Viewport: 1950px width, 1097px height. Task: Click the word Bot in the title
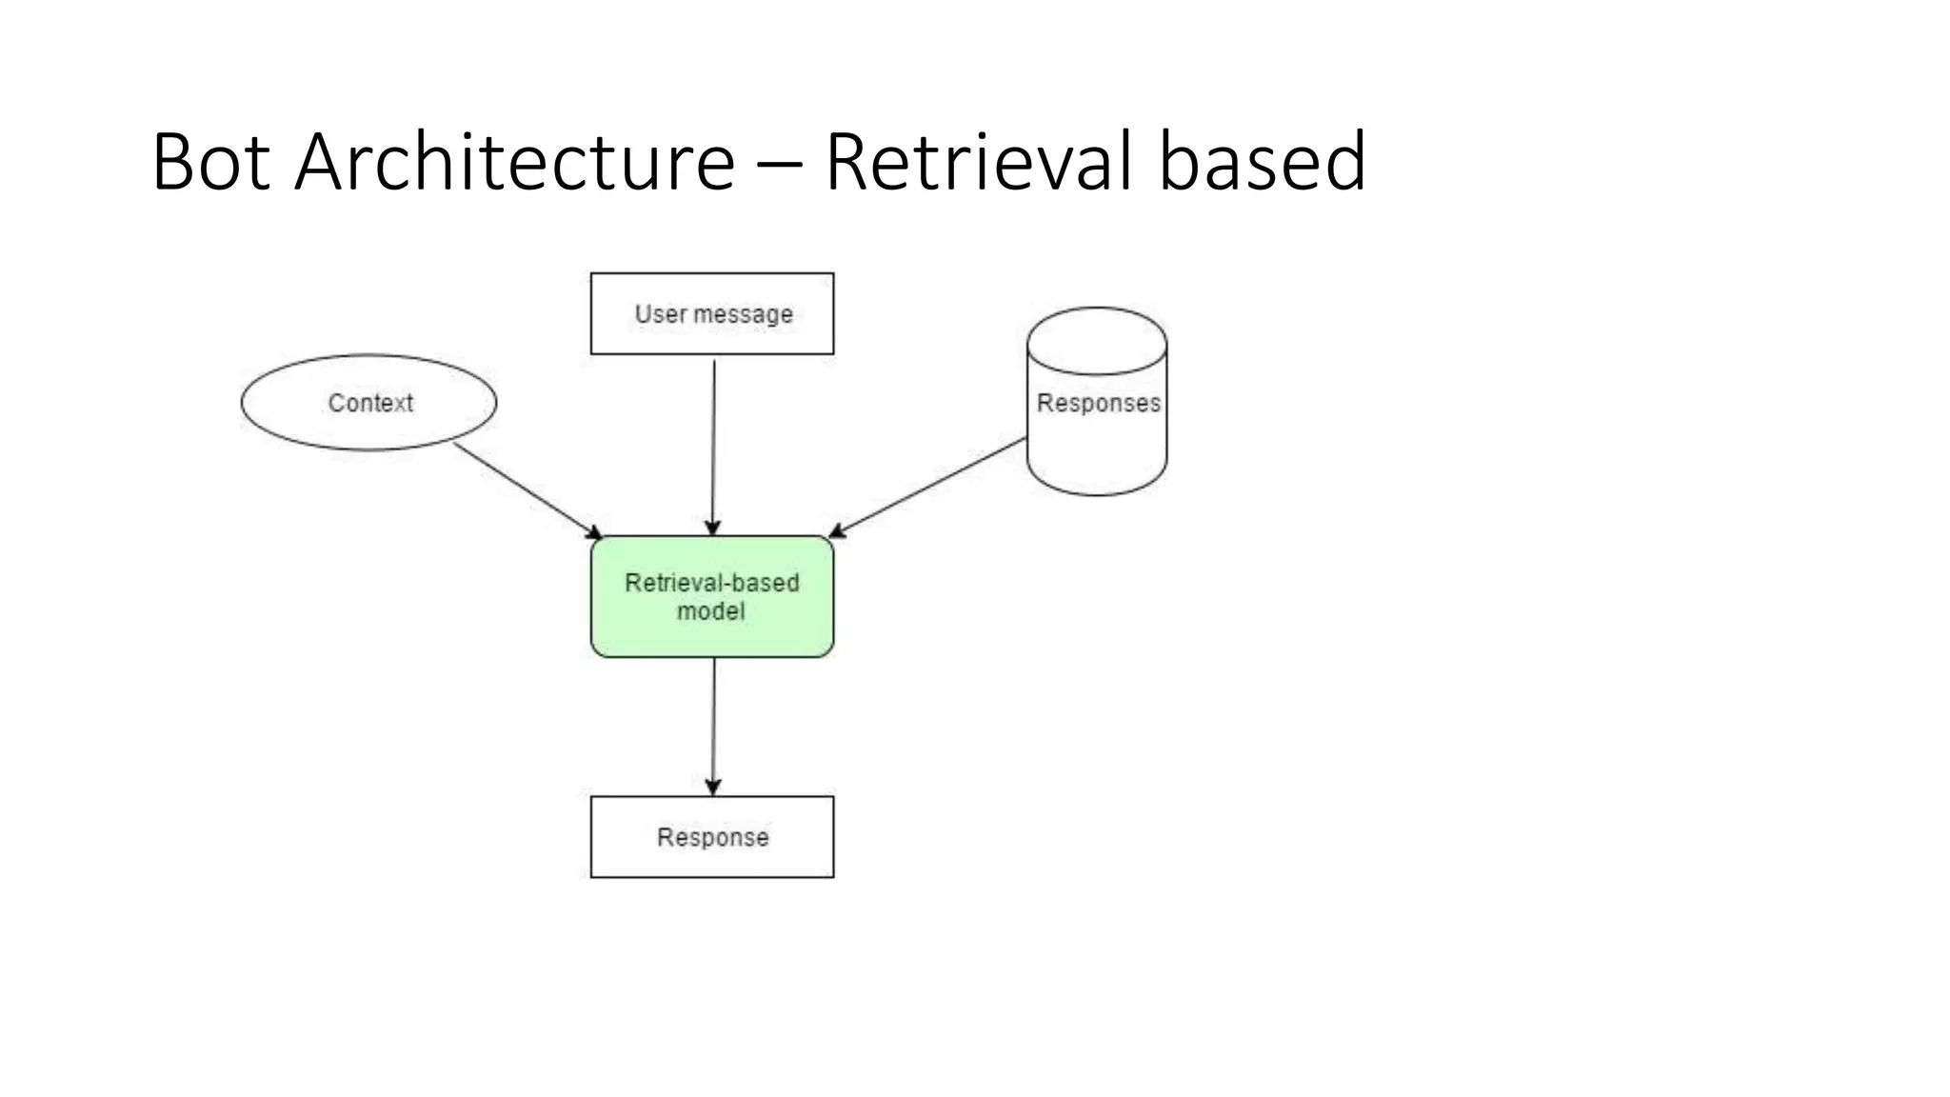210,162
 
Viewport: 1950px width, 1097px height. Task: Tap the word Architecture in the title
514,162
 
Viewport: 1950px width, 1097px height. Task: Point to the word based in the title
1263,162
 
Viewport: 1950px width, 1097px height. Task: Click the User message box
712,313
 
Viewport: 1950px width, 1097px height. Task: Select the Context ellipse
368,403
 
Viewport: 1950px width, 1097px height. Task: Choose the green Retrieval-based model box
712,597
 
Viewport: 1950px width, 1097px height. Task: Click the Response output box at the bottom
712,837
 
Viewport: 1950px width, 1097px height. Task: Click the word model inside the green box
710,611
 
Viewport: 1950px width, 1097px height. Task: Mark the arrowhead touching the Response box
713,787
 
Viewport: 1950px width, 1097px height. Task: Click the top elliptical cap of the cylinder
1097,340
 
